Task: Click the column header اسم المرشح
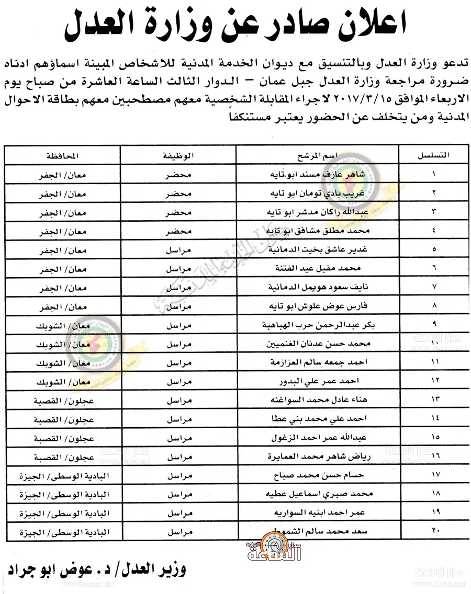(x=318, y=155)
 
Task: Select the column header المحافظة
(x=62, y=155)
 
